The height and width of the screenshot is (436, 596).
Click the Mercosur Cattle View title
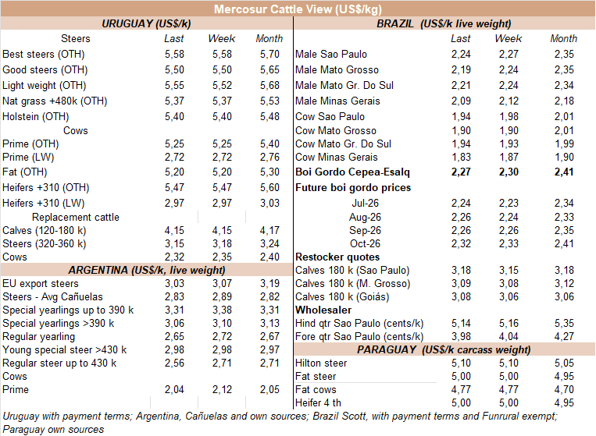coord(298,9)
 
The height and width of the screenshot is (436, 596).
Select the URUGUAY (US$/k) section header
coord(146,24)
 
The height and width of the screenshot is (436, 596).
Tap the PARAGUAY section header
coord(444,349)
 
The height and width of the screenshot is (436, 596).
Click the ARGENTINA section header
coord(147,270)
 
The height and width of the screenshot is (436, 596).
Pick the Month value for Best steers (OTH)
coord(269,55)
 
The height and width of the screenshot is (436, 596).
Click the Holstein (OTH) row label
coord(36,116)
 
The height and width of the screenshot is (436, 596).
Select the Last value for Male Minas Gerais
coord(461,101)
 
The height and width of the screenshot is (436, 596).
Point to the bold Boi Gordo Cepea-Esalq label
coord(352,172)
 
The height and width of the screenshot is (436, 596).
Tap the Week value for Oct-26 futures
coord(509,243)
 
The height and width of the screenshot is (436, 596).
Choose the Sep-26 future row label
coord(365,231)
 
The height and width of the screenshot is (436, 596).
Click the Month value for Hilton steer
coord(564,363)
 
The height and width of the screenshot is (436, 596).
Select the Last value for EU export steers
coord(174,283)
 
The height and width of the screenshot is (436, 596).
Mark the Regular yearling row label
coord(39,337)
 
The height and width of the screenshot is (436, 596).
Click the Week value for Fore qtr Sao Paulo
coord(509,337)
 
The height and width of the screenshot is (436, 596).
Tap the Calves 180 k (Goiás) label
coord(342,296)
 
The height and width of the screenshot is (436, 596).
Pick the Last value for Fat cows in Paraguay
coord(461,390)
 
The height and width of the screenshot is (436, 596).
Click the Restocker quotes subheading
coord(337,257)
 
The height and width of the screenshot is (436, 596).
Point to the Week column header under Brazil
coord(509,39)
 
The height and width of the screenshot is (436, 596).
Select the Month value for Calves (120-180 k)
coord(269,231)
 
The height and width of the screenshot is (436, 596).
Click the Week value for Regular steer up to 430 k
coord(222,363)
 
